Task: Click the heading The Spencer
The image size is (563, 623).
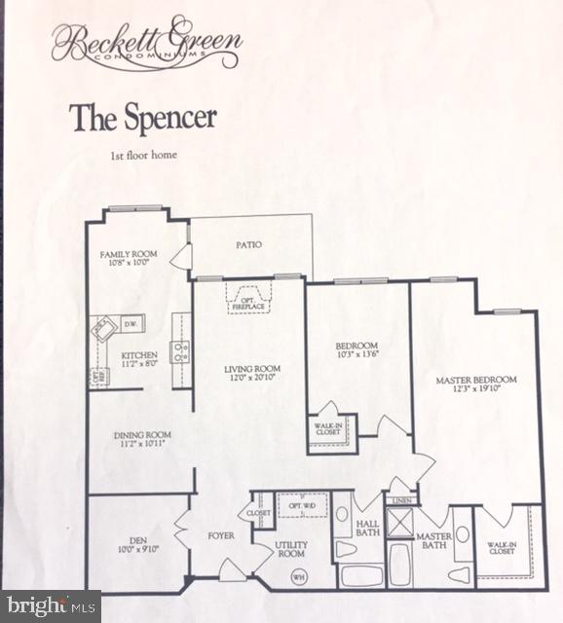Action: (x=142, y=117)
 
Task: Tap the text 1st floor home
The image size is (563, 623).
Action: (x=142, y=155)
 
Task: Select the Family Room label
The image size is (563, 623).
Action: (x=129, y=254)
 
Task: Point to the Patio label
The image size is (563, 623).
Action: (x=247, y=245)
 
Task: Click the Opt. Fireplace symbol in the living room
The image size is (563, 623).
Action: (x=249, y=299)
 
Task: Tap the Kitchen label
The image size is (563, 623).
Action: (x=139, y=355)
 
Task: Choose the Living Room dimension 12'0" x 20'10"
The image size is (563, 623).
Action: (x=252, y=379)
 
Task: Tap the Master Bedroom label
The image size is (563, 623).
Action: (x=475, y=380)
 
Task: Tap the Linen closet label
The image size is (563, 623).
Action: (x=401, y=501)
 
